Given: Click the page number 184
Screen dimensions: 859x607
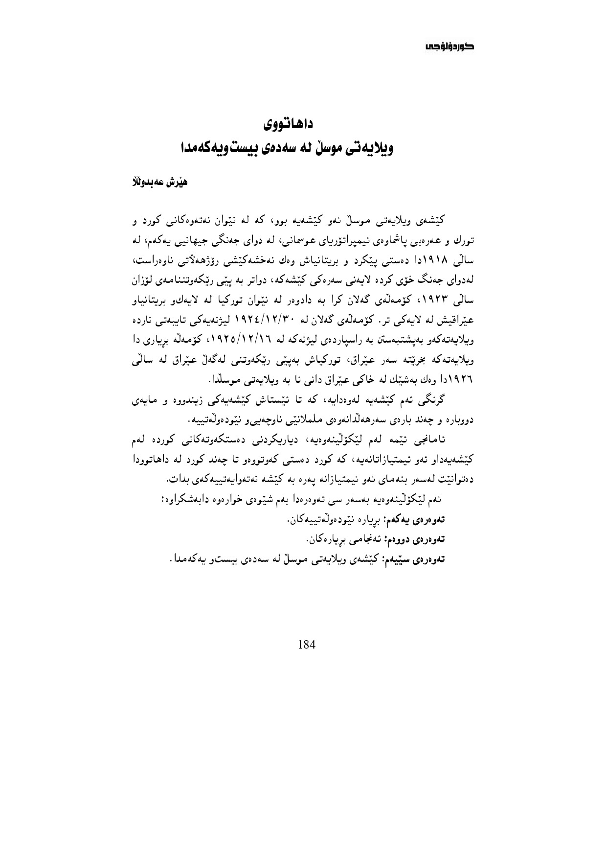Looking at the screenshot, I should pyautogui.click(x=307, y=644).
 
